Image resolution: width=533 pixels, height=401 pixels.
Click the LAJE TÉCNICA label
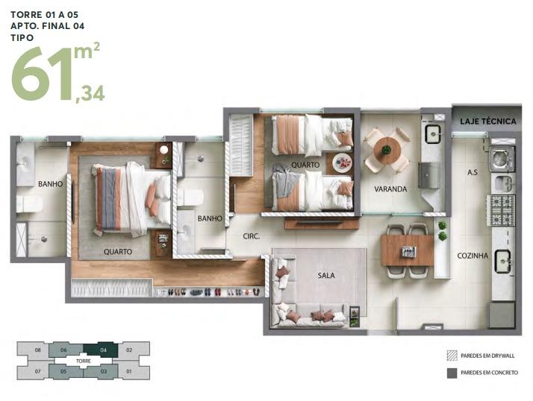[487, 121]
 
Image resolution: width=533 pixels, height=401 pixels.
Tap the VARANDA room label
[390, 189]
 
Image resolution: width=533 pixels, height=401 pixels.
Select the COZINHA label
[472, 256]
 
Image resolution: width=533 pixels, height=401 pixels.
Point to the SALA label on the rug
[326, 275]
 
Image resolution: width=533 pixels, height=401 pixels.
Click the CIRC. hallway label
[252, 236]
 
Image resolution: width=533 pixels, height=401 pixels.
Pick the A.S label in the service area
[472, 172]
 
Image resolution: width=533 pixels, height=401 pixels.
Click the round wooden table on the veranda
[387, 150]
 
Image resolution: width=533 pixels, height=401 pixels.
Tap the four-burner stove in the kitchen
[501, 210]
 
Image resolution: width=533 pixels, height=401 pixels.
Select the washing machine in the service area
[502, 159]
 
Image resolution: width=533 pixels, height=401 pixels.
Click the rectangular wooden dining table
[408, 250]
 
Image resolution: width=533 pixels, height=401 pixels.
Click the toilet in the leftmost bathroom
[29, 203]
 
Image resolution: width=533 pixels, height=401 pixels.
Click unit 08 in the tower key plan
[37, 350]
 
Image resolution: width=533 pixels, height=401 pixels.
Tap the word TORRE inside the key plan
[84, 361]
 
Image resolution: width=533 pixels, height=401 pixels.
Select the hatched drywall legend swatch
[452, 356]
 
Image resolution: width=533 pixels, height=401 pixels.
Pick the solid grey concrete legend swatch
[452, 373]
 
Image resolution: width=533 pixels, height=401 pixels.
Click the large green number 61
[43, 74]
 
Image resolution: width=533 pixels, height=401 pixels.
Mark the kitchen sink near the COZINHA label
[502, 261]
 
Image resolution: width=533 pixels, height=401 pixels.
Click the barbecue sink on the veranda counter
[433, 134]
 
